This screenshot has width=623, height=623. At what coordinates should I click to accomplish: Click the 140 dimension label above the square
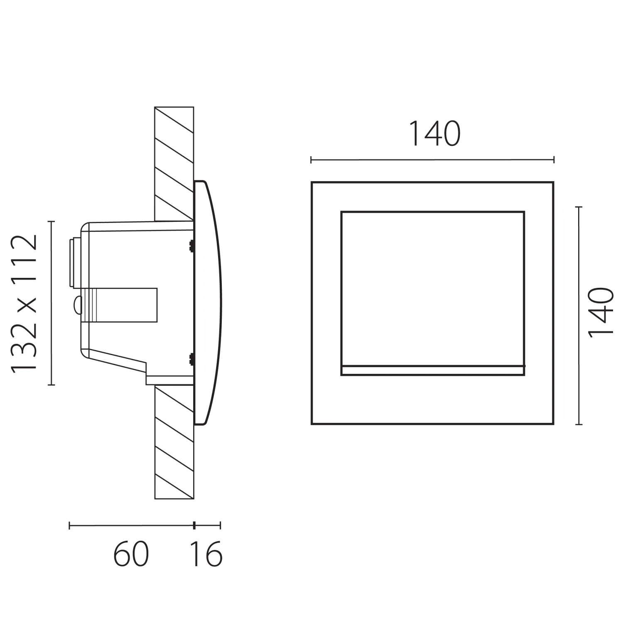[434, 134]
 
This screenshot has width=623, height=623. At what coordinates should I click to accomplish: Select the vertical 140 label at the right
[601, 312]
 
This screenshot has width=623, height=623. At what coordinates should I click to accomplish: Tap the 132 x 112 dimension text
[25, 304]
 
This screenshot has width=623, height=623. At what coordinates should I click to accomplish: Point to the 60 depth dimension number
[131, 554]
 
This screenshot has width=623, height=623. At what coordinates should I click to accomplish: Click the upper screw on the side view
[191, 246]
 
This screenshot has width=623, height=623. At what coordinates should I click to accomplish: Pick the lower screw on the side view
[191, 359]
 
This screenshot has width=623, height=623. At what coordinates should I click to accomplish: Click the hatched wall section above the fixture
[174, 164]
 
